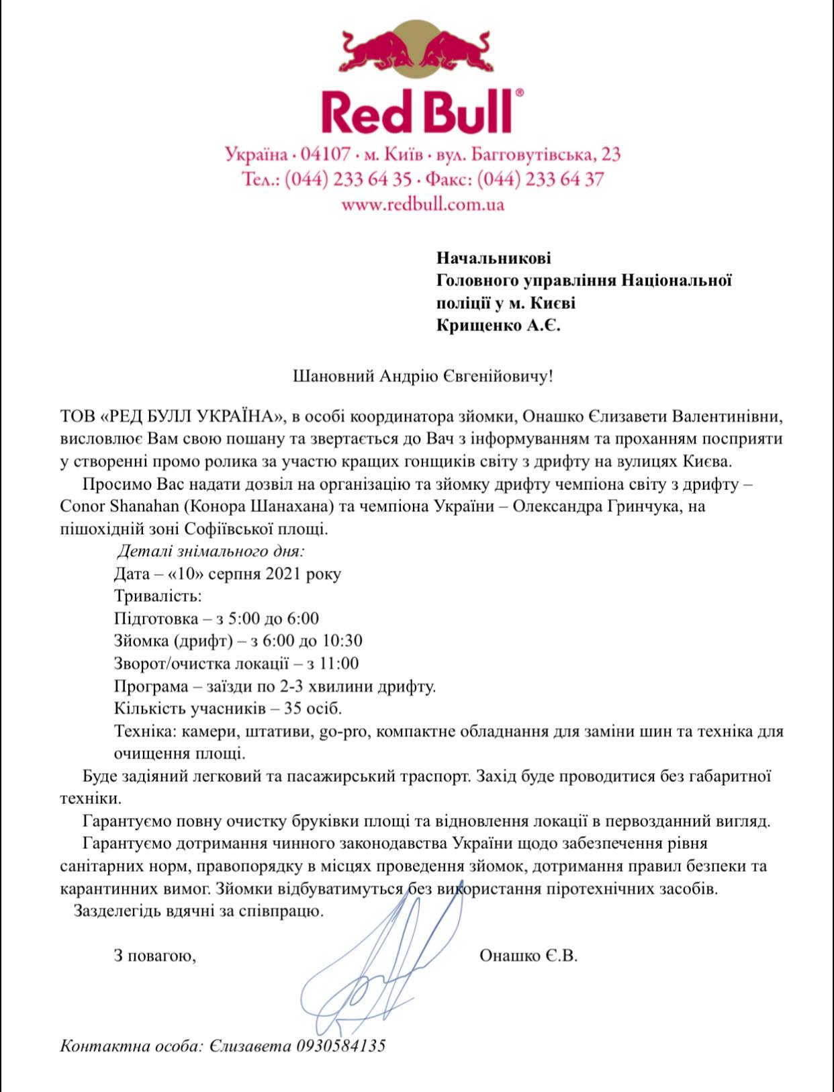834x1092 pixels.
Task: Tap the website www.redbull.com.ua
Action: (422, 204)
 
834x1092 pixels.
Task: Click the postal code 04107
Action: (326, 155)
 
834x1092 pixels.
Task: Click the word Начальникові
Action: (494, 258)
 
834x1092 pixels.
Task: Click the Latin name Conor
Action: (83, 506)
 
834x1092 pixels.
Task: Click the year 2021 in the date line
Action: (283, 574)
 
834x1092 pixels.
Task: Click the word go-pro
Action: (343, 731)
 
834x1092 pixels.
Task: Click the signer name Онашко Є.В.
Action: (528, 956)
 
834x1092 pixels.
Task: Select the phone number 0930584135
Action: (340, 1046)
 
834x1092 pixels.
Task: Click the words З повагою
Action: (154, 956)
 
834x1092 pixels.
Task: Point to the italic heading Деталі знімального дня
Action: (210, 552)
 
